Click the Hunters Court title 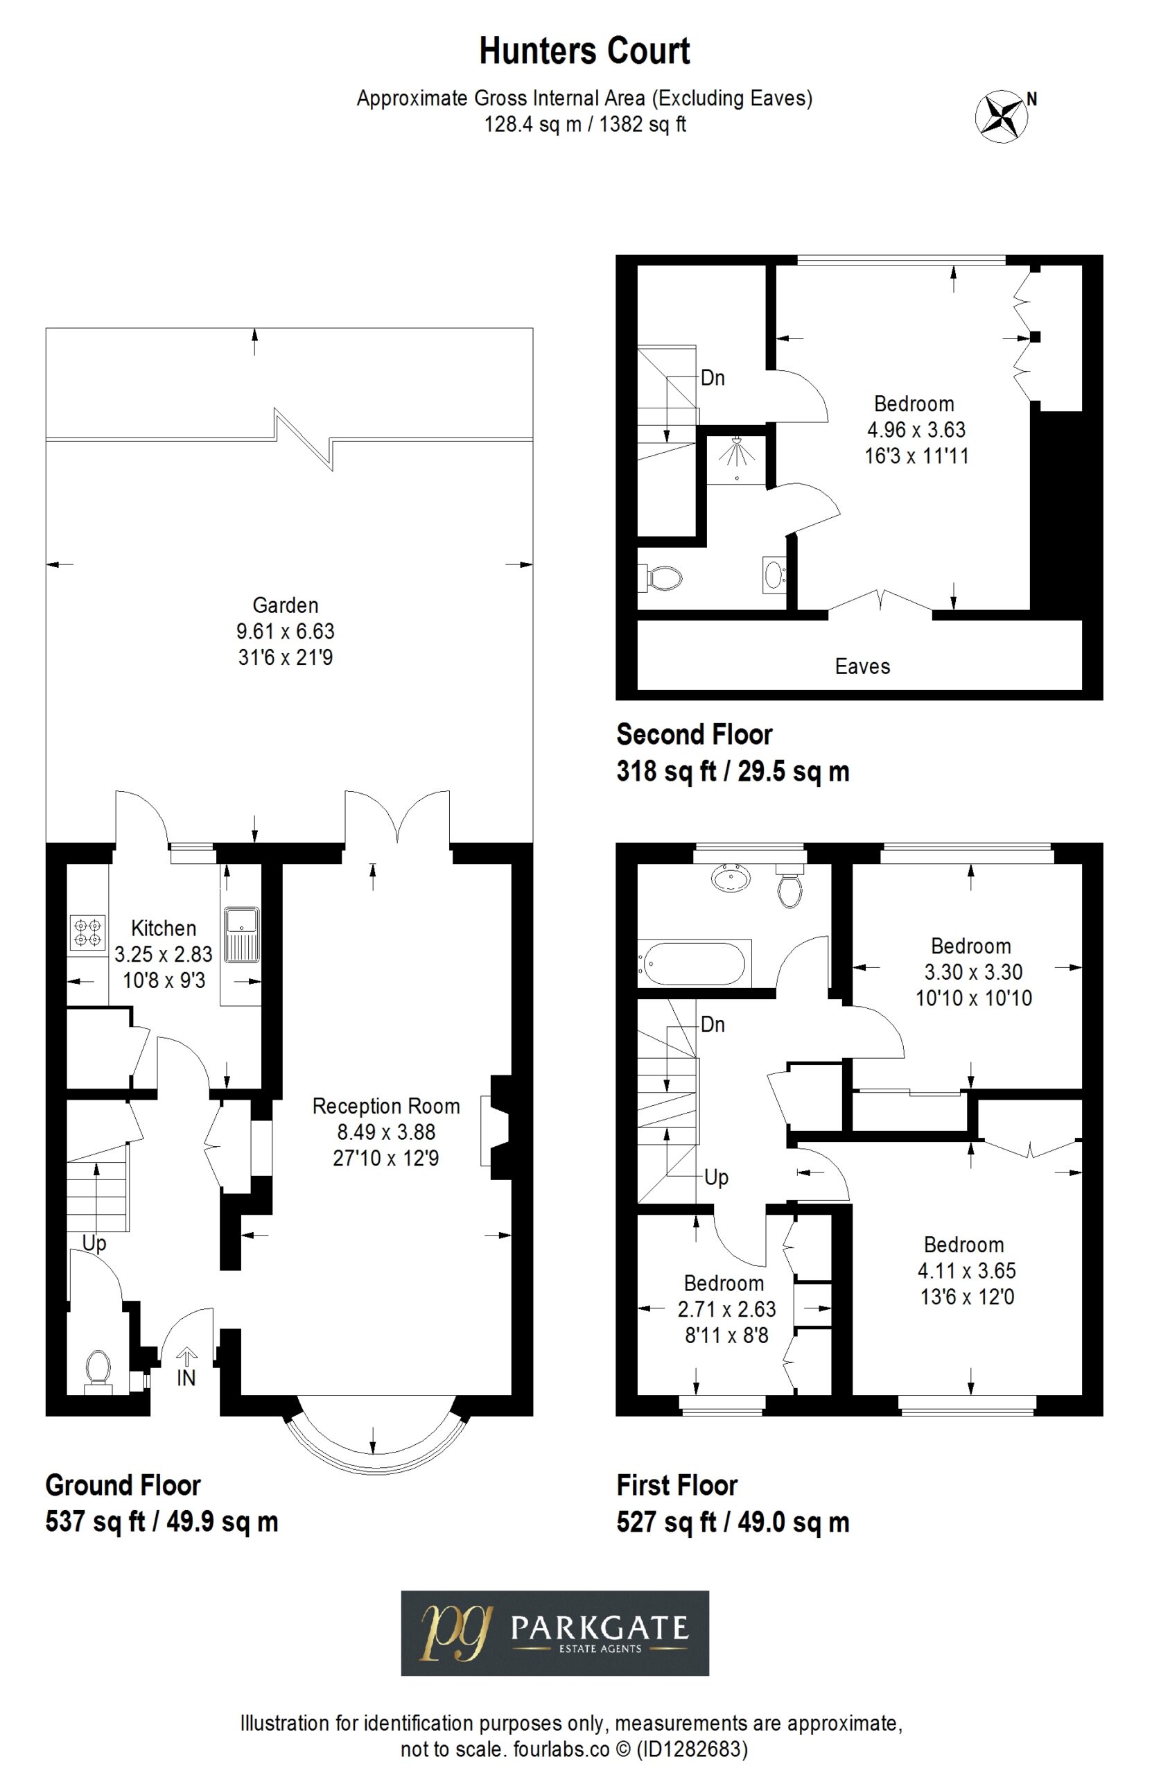(x=584, y=51)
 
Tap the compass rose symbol (x=1002, y=116)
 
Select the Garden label (x=285, y=605)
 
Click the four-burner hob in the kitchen (x=87, y=933)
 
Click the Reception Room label (x=385, y=1106)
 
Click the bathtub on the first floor (x=693, y=963)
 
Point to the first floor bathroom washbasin (x=731, y=878)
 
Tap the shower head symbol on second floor (x=737, y=450)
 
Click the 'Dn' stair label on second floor (x=713, y=377)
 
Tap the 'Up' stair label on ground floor (x=94, y=1243)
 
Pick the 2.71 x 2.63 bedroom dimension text (x=726, y=1309)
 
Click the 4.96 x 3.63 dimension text (x=916, y=430)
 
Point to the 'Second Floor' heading (x=695, y=734)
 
